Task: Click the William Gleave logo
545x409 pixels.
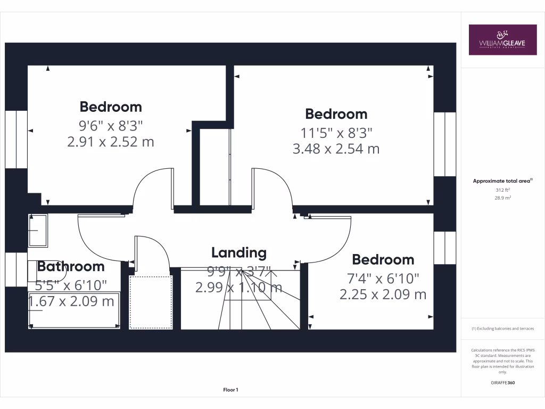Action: tap(502, 40)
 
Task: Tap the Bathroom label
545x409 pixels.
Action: tap(71, 266)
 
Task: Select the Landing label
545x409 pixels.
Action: tap(238, 252)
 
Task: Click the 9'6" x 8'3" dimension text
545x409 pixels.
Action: tap(111, 126)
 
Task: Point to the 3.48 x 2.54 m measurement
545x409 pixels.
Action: tap(336, 149)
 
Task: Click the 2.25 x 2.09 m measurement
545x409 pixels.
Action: tap(383, 294)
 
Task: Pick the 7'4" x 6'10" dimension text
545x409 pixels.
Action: tap(383, 278)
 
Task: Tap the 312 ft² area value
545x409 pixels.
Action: tap(503, 190)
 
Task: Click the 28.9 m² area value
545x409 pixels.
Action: tap(503, 198)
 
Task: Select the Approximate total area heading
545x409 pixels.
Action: tap(502, 181)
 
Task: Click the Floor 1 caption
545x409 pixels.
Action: tap(230, 390)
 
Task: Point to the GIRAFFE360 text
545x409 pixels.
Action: tap(503, 382)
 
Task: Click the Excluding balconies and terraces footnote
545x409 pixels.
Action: tap(502, 329)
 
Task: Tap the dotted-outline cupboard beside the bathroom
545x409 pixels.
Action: tap(151, 302)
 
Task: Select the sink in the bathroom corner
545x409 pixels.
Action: tap(38, 230)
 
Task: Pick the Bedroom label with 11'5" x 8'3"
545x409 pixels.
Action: tap(336, 114)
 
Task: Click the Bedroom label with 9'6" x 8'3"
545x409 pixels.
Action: tap(111, 107)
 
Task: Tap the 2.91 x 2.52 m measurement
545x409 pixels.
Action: tap(111, 142)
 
